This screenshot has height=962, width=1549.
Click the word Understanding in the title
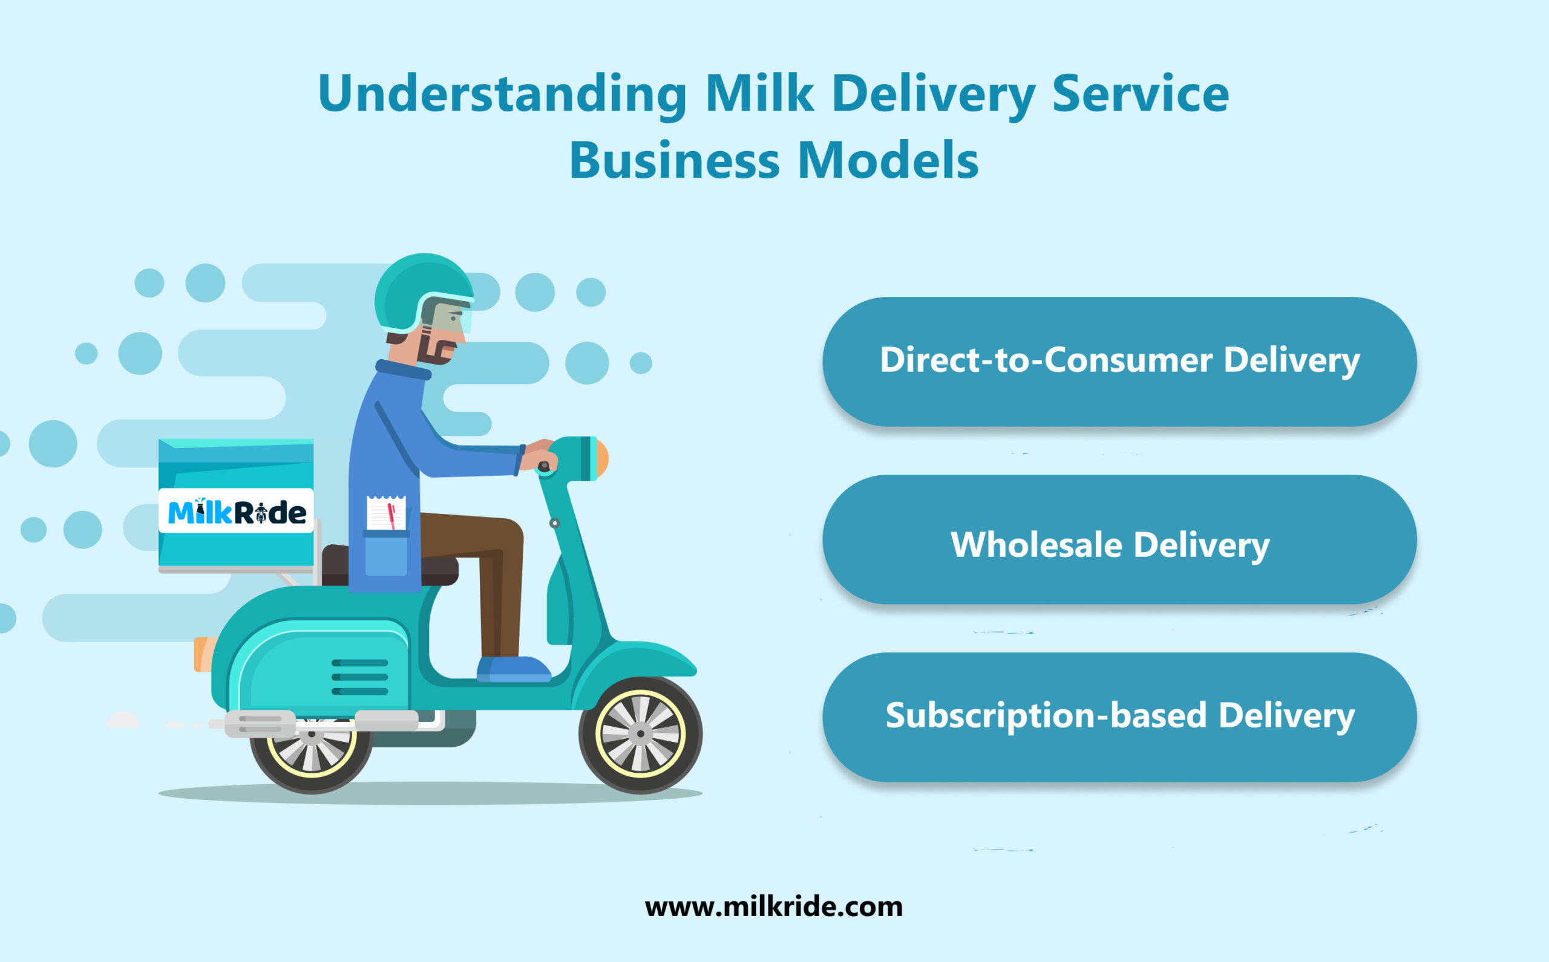pos(502,94)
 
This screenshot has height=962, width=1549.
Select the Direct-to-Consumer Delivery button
pos(1119,361)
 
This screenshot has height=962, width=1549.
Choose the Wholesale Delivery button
pos(1119,545)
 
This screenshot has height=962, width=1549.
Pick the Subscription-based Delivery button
pos(1119,716)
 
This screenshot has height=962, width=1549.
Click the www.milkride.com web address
pos(773,906)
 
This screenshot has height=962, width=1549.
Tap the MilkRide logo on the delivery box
pos(236,512)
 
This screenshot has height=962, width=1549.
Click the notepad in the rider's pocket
pos(386,513)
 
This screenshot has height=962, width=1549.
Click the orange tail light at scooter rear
pos(203,654)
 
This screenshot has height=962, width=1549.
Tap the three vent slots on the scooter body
pos(359,677)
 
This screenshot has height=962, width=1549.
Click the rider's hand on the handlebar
pos(541,453)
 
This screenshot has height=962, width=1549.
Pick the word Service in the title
pos(1139,94)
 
